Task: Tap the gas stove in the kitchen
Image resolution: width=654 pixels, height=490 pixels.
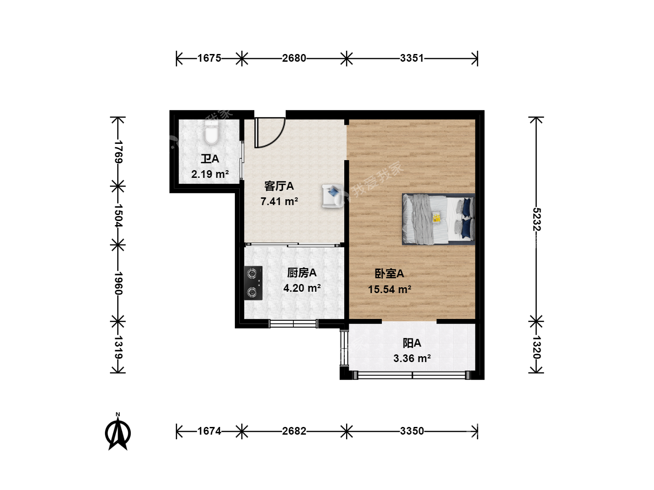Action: point(253,283)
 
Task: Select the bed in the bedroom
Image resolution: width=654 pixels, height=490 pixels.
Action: point(438,219)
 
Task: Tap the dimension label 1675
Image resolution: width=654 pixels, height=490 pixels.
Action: point(209,58)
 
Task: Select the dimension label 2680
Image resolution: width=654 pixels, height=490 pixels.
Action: point(294,58)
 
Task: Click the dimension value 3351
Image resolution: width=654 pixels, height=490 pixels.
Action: point(412,58)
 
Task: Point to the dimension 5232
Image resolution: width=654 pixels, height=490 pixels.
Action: point(536,219)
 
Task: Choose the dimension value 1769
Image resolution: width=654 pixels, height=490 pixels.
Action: point(118,152)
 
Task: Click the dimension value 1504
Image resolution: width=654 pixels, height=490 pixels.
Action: point(118,216)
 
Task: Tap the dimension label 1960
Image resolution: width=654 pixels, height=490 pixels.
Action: point(118,283)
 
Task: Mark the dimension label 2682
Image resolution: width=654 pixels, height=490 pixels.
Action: point(294,431)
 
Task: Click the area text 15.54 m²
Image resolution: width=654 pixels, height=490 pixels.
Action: point(390,289)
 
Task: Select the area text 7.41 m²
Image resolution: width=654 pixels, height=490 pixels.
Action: point(279,201)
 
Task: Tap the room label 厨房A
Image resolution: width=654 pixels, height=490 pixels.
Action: point(302,273)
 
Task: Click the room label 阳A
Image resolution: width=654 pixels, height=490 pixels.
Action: point(412,343)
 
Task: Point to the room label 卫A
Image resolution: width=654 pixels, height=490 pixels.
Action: point(210,159)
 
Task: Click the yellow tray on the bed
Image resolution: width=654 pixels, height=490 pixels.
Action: point(436,217)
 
